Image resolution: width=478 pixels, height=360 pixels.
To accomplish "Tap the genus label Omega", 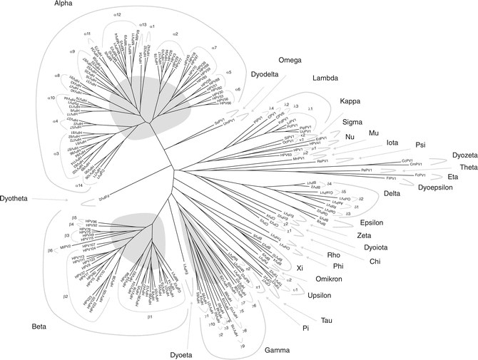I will pos(291,60).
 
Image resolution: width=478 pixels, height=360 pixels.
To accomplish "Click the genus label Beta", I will pos(41,327).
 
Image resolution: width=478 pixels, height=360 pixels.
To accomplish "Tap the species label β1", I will pos(150,314).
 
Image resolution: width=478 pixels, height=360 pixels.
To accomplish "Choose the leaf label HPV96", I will pos(91,222).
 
